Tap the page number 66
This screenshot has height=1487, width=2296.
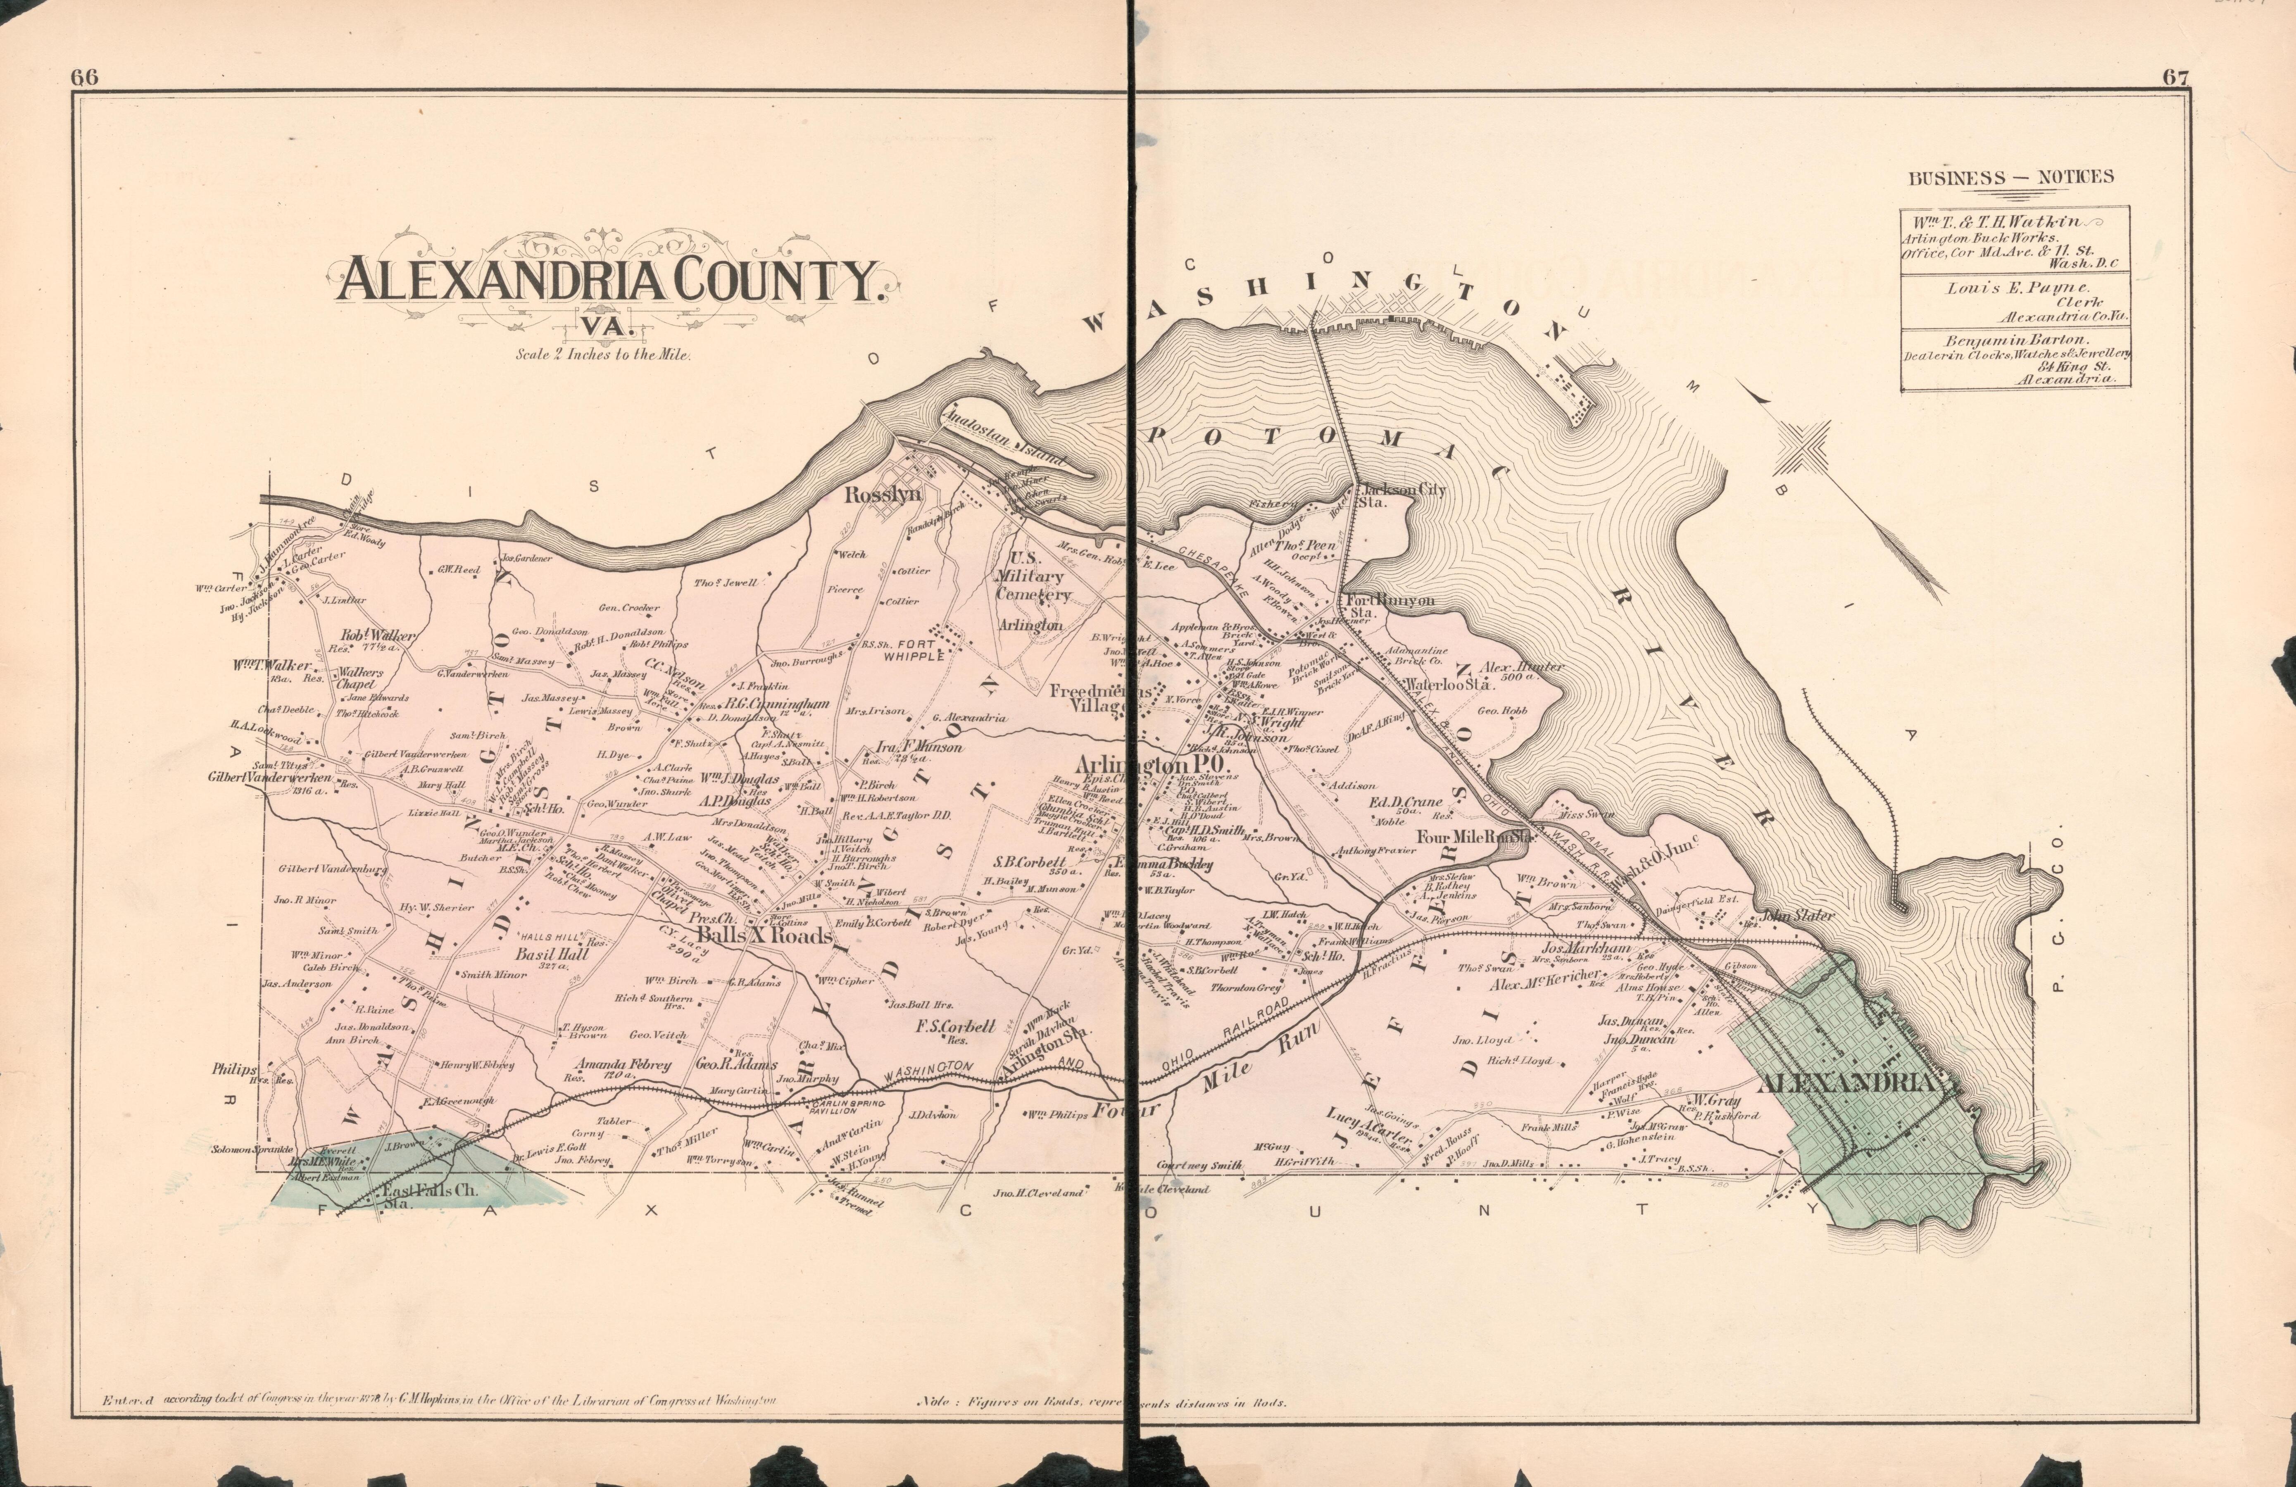(x=85, y=79)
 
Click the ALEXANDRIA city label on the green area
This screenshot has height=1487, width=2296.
(x=1847, y=1083)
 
